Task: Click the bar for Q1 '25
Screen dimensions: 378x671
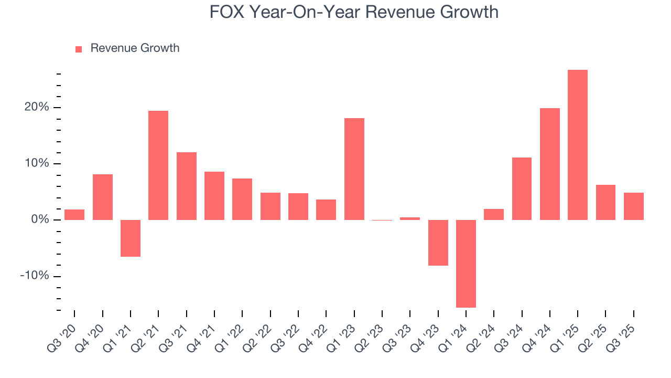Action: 578,145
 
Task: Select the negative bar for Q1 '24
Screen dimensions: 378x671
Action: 466,264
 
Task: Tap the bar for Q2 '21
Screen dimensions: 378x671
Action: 158,165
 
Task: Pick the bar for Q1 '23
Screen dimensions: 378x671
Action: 354,169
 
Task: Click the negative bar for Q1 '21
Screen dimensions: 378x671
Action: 131,238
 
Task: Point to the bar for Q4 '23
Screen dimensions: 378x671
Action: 438,243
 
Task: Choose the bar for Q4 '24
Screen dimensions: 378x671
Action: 550,164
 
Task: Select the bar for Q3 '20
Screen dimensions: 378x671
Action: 74,215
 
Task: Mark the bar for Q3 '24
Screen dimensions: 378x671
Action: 522,188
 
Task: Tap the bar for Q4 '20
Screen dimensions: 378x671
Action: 103,197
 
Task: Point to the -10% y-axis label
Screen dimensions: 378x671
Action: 35,276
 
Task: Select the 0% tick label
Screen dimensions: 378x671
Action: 40,220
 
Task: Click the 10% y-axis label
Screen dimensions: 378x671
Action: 38,164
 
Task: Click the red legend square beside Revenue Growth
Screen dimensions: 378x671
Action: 79,49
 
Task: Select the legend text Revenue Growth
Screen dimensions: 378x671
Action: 135,48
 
